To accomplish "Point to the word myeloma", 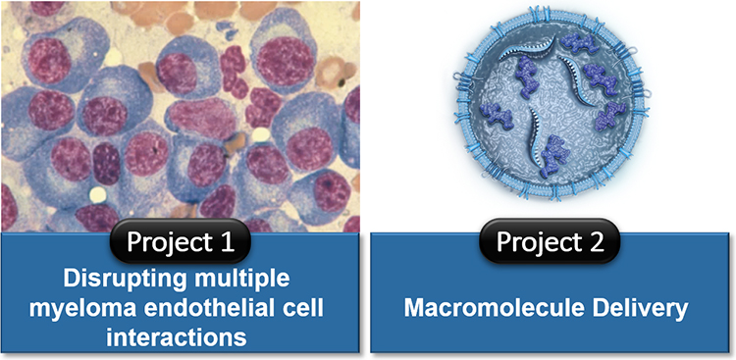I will pos(85,309).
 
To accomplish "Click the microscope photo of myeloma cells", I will pos(184,108).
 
